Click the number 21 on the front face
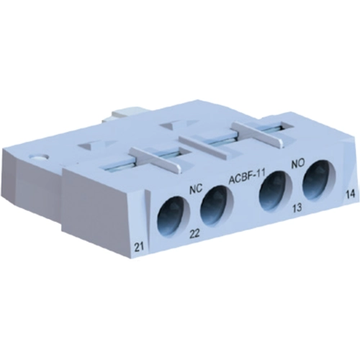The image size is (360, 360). click(139, 246)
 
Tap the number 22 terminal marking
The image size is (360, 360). click(194, 233)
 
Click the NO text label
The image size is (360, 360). click(297, 163)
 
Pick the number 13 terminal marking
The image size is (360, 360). click(297, 208)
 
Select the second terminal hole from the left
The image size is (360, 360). click(217, 203)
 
